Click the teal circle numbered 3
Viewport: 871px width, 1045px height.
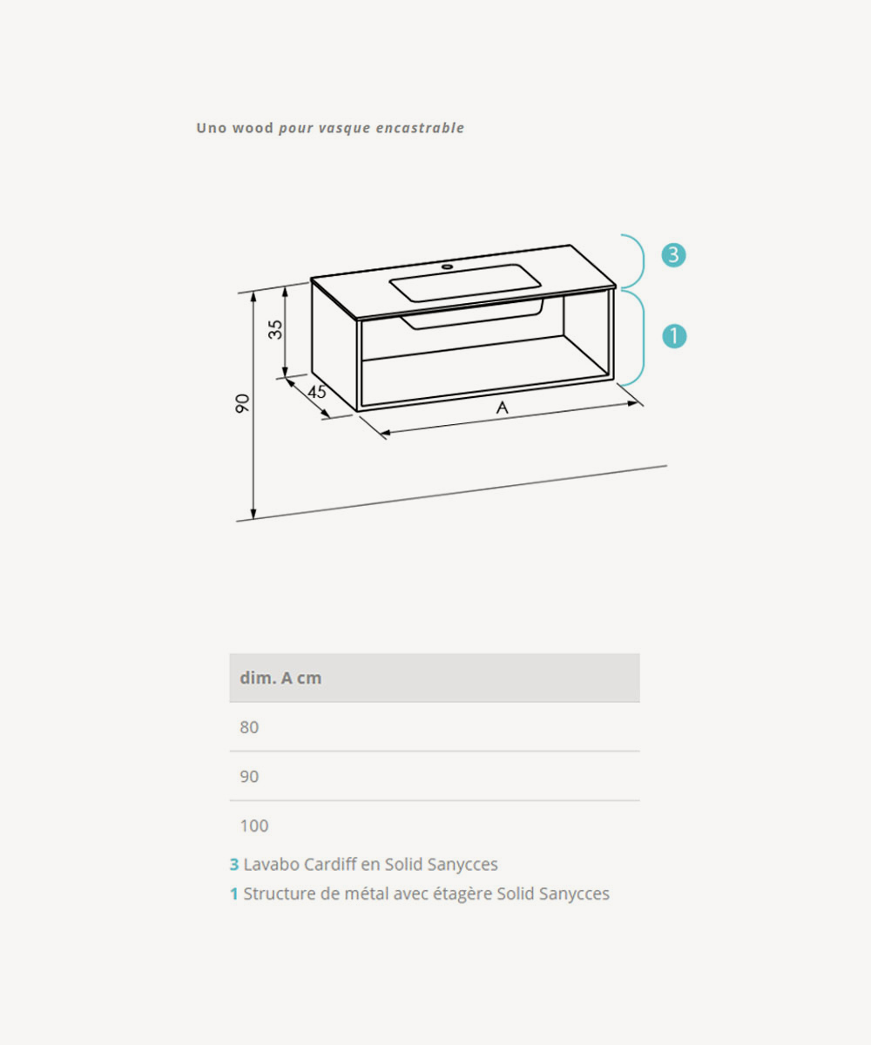(673, 255)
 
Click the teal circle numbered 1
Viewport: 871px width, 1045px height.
(674, 336)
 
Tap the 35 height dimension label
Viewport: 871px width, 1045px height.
(275, 329)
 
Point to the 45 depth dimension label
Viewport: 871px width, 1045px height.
(317, 391)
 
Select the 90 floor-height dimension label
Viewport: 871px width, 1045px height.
(242, 403)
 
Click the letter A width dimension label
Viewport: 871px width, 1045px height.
(502, 408)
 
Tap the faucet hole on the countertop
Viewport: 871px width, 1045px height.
(447, 266)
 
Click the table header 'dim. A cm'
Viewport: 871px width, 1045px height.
(280, 678)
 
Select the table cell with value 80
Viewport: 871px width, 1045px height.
(249, 727)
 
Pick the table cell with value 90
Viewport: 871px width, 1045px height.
(249, 776)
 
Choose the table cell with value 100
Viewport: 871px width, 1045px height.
(254, 826)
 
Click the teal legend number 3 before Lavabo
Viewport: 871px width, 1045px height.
(233, 865)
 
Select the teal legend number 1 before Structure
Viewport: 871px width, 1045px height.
(233, 893)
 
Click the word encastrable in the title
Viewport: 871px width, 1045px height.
(420, 128)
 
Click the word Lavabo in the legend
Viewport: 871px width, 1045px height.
(271, 865)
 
